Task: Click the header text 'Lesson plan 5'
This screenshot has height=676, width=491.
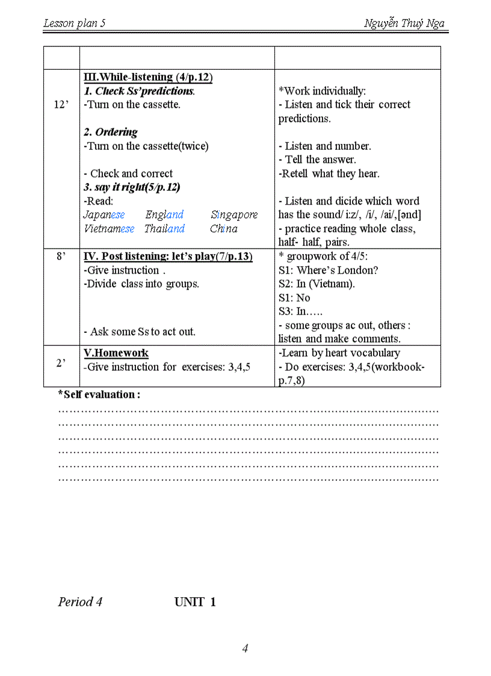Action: click(74, 23)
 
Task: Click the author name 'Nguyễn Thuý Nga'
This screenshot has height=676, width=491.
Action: click(404, 23)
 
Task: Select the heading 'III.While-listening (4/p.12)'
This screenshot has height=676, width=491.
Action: click(148, 77)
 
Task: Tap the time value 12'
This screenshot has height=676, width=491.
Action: click(61, 105)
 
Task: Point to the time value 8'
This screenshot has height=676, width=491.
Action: click(61, 256)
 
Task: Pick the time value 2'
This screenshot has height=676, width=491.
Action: click(61, 363)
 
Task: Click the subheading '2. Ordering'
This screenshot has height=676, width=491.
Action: click(110, 132)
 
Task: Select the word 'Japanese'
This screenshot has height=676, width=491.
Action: click(104, 215)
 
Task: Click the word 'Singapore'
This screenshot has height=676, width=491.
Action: click(234, 215)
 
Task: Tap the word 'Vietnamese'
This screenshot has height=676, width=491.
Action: click(109, 229)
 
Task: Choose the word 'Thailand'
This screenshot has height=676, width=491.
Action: click(164, 229)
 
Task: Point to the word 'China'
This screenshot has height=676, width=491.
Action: click(224, 229)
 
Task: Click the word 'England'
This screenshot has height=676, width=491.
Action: click(164, 215)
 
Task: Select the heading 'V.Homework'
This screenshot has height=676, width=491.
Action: click(116, 353)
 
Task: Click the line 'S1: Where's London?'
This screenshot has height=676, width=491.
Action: click(328, 270)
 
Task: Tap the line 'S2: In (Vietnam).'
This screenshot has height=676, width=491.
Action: click(317, 284)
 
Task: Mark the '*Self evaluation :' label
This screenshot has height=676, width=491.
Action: click(99, 395)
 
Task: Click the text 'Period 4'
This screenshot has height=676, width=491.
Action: click(80, 602)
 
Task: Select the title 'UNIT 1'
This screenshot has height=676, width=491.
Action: click(195, 602)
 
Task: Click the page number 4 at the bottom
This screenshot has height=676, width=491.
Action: click(245, 648)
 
